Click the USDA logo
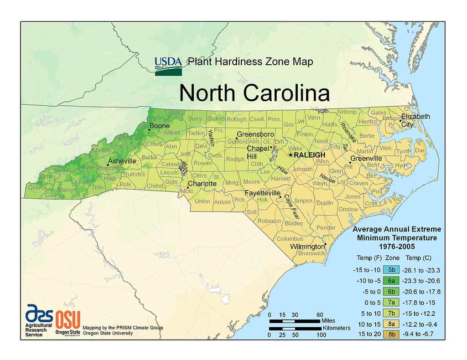click(168, 66)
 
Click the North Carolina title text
click(254, 93)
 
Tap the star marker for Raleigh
click(291, 155)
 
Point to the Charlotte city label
click(202, 184)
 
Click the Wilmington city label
click(308, 247)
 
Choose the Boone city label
click(159, 126)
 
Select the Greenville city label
click(366, 158)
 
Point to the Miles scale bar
click(295, 321)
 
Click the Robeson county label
click(269, 221)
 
